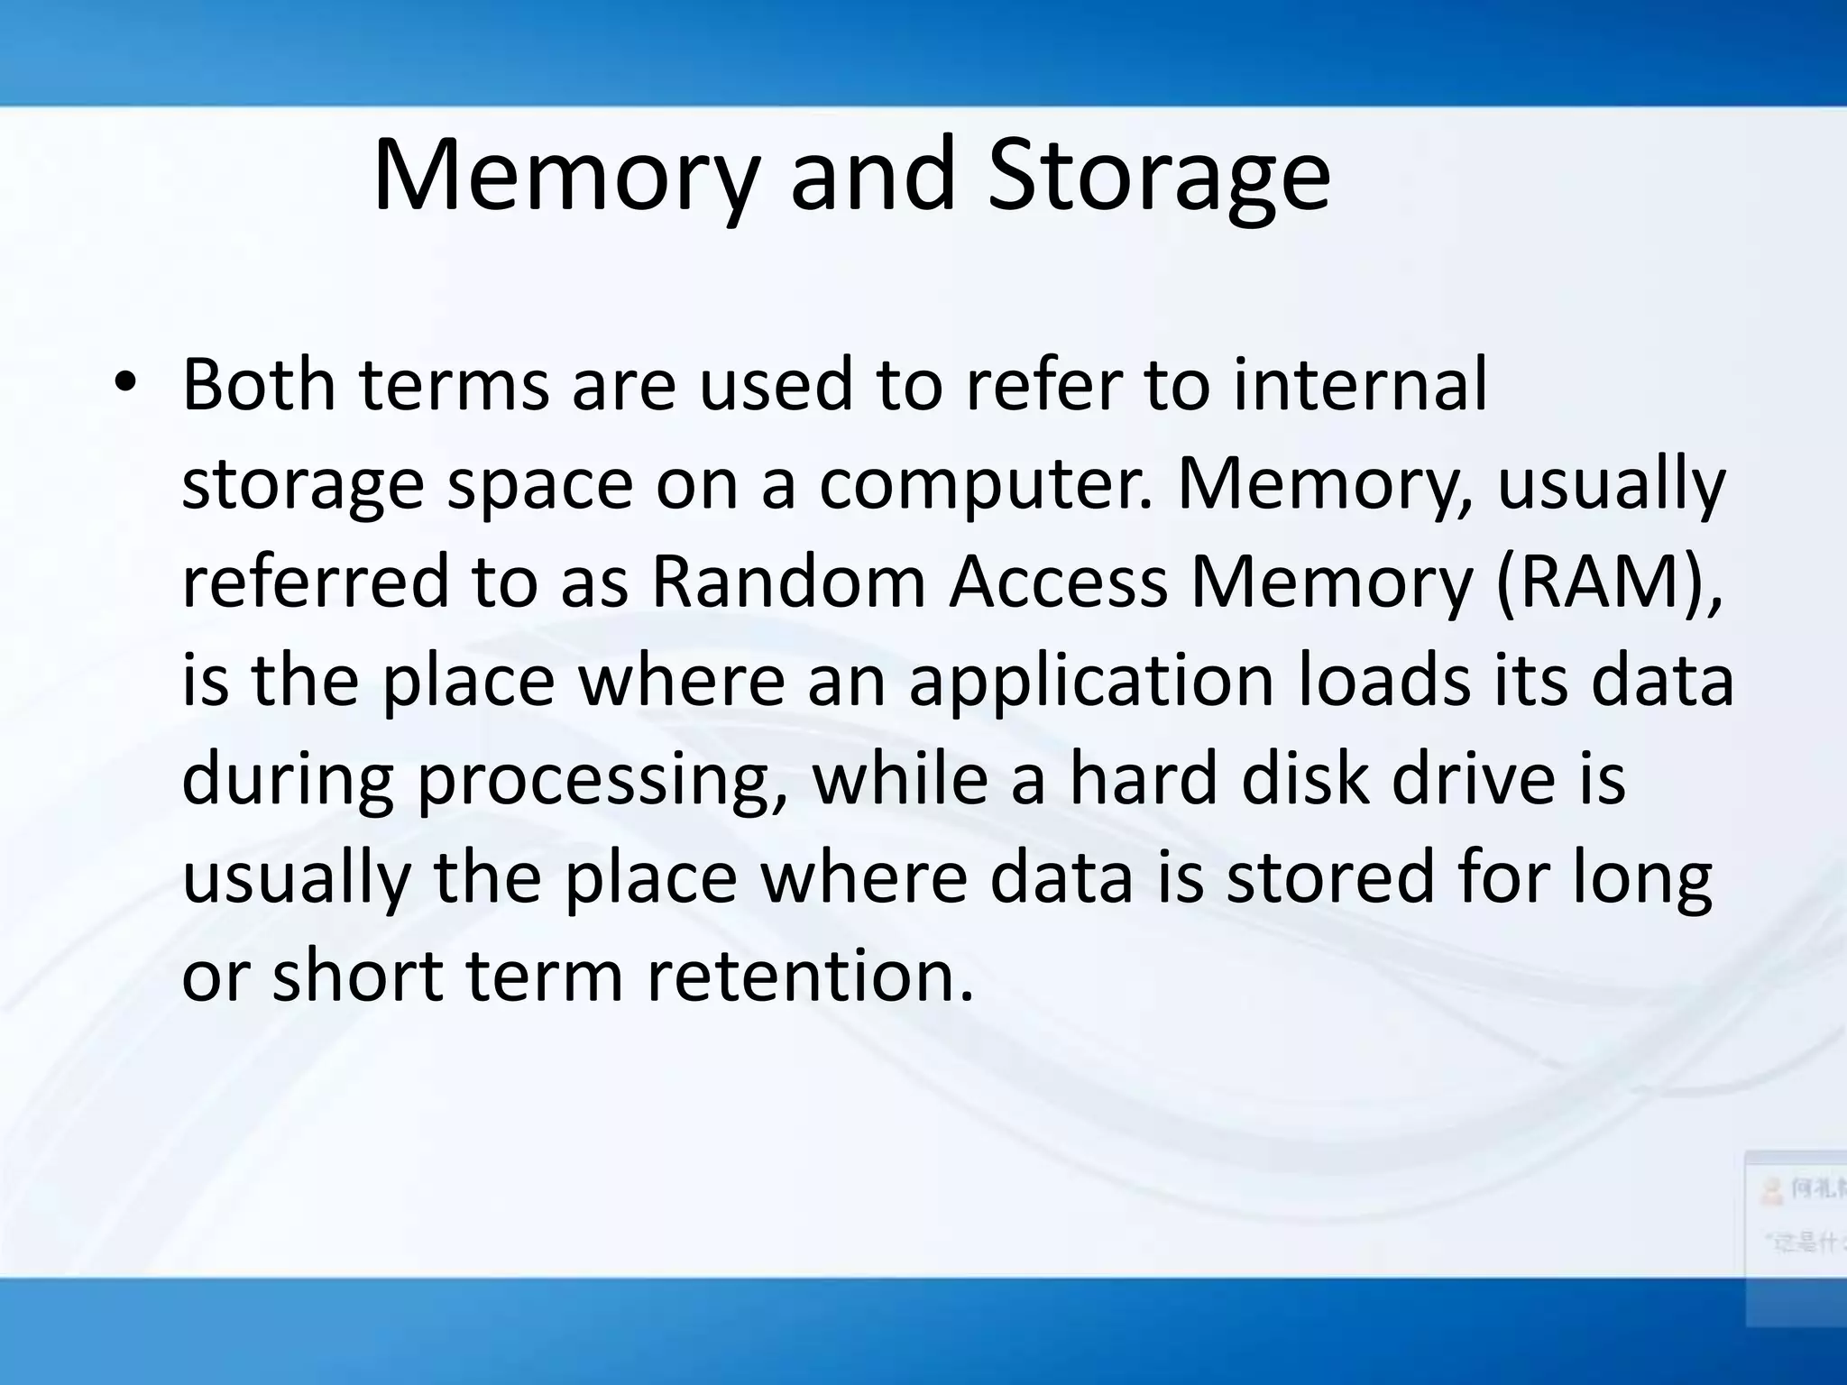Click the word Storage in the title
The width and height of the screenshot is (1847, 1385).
pyautogui.click(x=1158, y=176)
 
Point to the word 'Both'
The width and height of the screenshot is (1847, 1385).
pyautogui.click(x=260, y=385)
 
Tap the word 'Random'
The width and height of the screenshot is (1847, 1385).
pyautogui.click(x=788, y=582)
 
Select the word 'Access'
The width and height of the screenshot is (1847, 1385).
pyautogui.click(x=1059, y=582)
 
